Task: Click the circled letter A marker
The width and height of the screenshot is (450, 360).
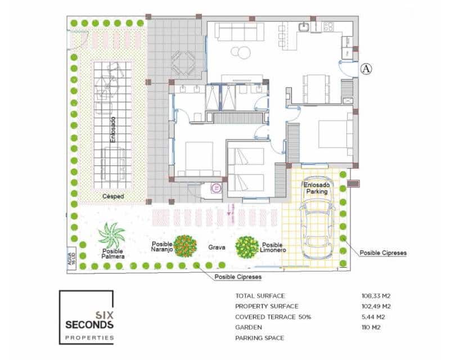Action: tap(366, 69)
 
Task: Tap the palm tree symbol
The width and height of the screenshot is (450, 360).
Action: tap(111, 235)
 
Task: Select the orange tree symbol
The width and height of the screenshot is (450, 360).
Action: tap(184, 246)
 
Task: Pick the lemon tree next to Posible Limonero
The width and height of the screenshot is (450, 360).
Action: tap(246, 246)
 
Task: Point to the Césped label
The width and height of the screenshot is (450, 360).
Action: tap(113, 196)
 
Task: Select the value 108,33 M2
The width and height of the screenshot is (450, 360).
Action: tap(376, 295)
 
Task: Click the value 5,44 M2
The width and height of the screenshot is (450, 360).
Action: tap(373, 317)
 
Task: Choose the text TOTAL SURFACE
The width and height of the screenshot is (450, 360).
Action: tap(260, 295)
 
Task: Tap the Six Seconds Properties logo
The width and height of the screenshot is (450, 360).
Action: tap(87, 317)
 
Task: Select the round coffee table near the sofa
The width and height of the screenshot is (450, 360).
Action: tap(243, 52)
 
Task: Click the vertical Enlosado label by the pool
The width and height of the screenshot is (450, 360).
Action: tap(112, 129)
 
